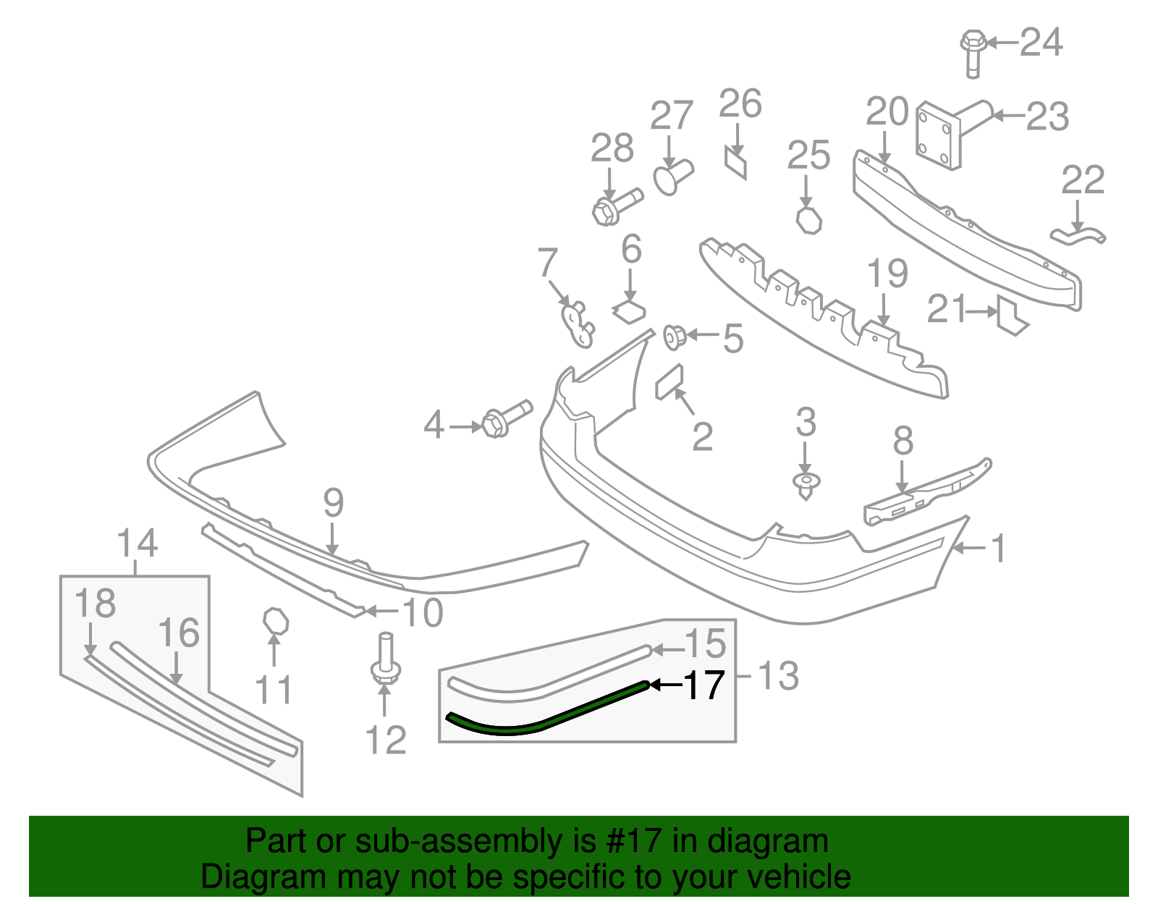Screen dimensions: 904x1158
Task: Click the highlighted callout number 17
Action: click(x=703, y=685)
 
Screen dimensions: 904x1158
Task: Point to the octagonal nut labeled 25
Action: click(x=809, y=220)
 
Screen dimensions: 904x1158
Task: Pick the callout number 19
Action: click(x=887, y=274)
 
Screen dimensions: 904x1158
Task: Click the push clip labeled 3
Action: click(x=806, y=484)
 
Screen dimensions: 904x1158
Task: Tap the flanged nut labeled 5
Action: click(x=675, y=337)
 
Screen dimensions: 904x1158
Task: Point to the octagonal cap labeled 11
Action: click(x=275, y=621)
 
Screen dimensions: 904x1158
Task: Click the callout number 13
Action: click(x=778, y=676)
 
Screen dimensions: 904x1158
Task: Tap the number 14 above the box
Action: click(x=137, y=543)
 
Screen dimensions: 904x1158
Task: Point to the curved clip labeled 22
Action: click(x=1078, y=235)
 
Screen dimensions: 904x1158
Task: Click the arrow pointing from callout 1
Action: click(x=966, y=549)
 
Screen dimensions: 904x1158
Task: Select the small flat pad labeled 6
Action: click(x=629, y=311)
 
